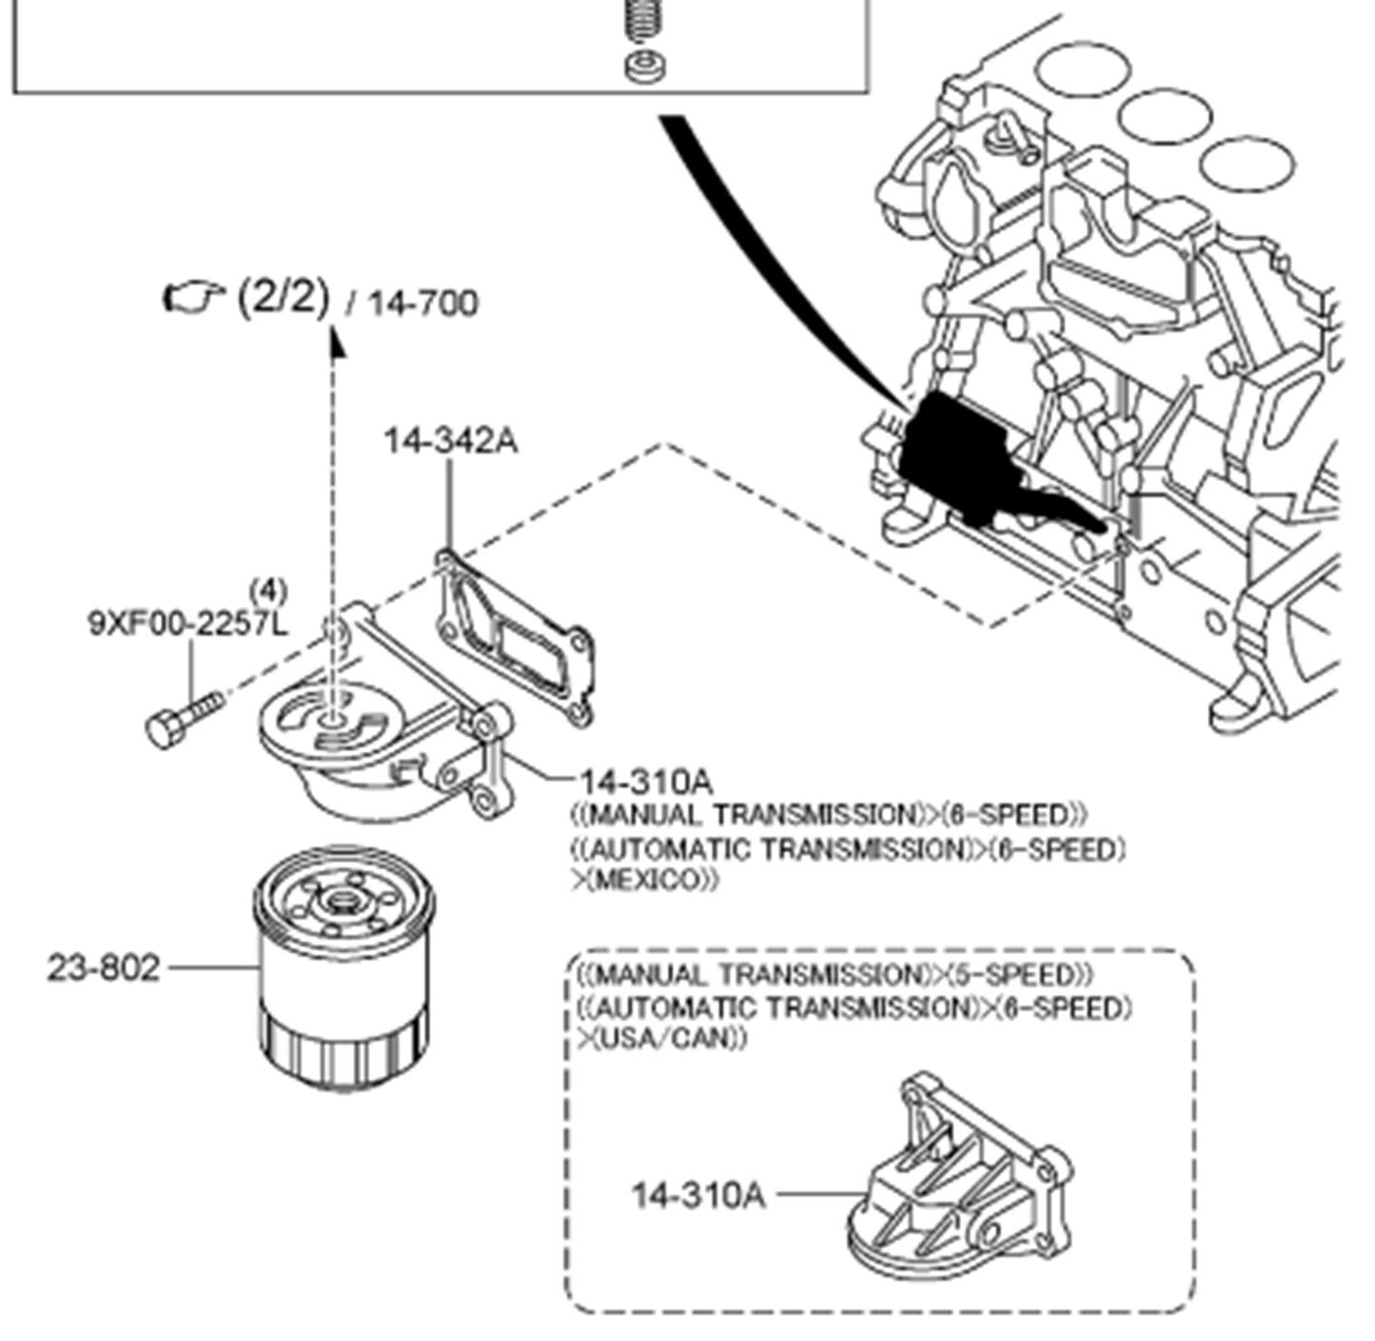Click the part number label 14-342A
[451, 441]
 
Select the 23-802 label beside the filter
[104, 968]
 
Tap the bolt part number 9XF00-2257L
[188, 625]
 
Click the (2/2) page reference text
[283, 298]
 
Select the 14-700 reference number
[422, 303]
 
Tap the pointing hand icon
[191, 297]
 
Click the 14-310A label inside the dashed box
[698, 1195]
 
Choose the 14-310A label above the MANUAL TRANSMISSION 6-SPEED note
[646, 782]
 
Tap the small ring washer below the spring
[645, 67]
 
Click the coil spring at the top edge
[644, 19]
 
